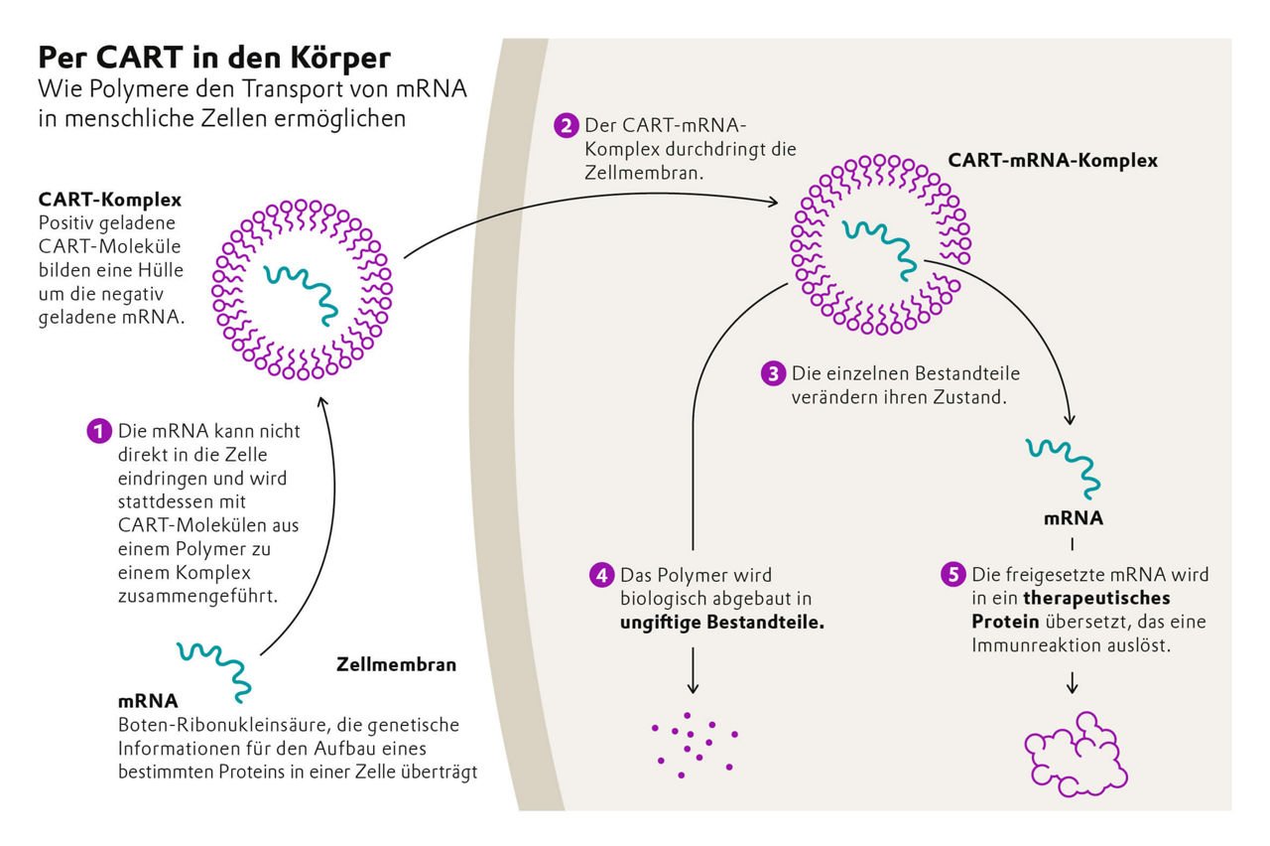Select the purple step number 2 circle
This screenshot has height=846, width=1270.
click(x=567, y=127)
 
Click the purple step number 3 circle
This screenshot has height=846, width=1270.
click(x=773, y=374)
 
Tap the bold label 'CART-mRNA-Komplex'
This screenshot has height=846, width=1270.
click(x=1053, y=160)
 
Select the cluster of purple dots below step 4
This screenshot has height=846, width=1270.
click(x=694, y=744)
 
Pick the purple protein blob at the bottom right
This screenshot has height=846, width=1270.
click(x=1075, y=754)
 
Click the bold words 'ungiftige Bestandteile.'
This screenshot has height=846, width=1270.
click(x=722, y=624)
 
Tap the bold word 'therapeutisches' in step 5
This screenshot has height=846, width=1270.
click(x=1096, y=599)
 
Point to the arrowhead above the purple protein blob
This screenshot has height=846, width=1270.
click(x=1073, y=687)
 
